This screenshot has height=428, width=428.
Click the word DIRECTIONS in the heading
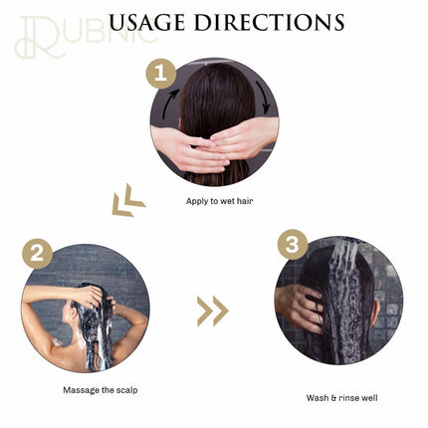click(283, 22)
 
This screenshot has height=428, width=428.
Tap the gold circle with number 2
click(38, 255)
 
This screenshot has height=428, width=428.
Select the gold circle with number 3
click(291, 245)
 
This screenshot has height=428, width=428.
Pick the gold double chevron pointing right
click(212, 312)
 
